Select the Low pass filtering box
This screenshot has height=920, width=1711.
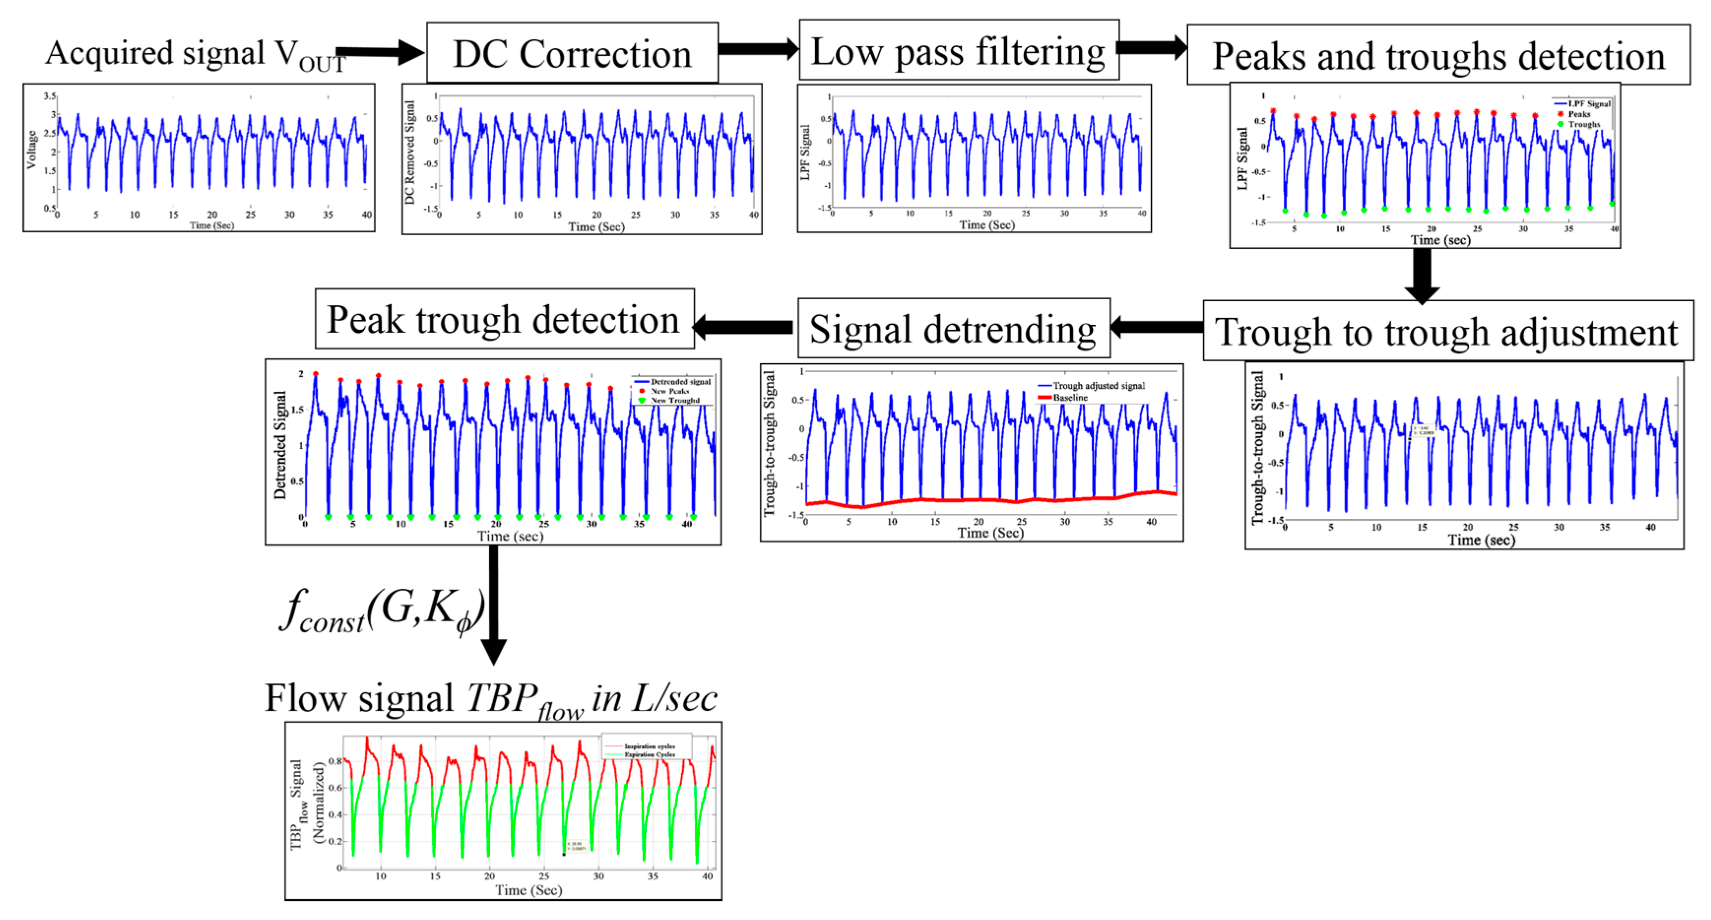click(958, 51)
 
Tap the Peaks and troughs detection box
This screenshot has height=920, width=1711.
click(1438, 55)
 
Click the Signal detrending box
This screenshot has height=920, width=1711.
click(953, 328)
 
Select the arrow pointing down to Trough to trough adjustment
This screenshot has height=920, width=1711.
click(1422, 275)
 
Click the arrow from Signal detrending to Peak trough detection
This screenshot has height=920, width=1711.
click(743, 327)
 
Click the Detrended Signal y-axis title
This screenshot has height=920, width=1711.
click(280, 444)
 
